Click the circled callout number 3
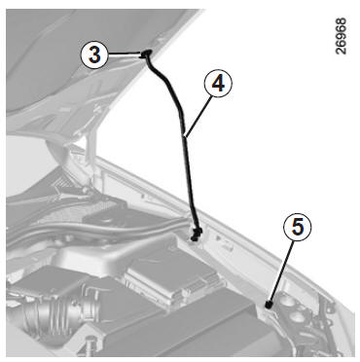(x=94, y=55)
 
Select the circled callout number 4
(x=218, y=84)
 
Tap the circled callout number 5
(x=298, y=227)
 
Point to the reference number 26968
(x=341, y=36)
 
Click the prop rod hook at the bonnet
(x=146, y=54)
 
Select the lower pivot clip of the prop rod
(x=196, y=235)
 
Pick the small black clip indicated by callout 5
(x=269, y=305)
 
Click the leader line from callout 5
(x=281, y=271)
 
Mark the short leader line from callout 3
(x=125, y=54)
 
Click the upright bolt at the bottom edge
(x=91, y=344)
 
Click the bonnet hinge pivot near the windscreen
(x=86, y=190)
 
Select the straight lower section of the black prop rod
(x=191, y=182)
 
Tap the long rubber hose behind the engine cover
(x=97, y=231)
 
